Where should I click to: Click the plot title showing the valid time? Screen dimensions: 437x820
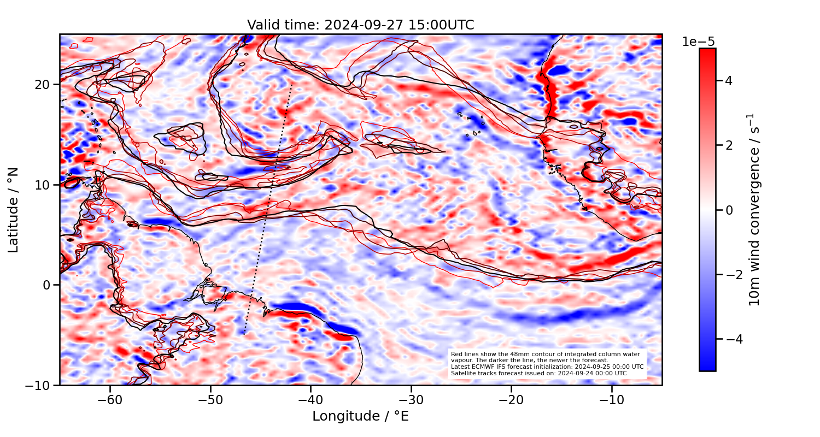(360, 25)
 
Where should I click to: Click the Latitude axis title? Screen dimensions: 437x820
(14, 210)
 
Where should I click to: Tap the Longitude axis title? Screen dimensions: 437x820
(360, 416)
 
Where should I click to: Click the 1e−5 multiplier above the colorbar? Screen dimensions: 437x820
(698, 42)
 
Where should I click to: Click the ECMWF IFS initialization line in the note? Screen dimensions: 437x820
(547, 367)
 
